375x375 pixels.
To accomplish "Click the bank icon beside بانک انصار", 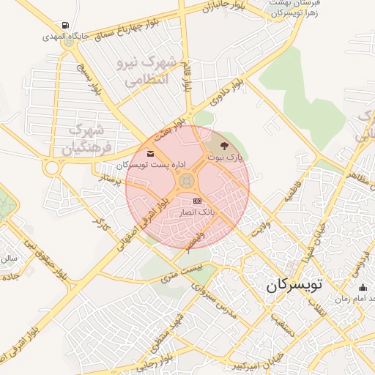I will point(197,201).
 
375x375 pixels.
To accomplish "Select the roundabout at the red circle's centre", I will point(187,179).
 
